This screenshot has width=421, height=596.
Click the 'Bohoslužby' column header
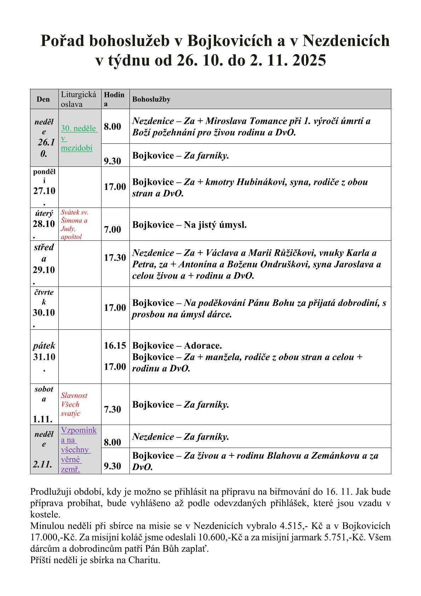tap(151, 100)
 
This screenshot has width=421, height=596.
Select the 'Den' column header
tap(43, 100)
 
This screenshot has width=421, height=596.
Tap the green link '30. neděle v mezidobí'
tap(79, 138)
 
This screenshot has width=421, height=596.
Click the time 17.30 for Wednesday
tap(115, 258)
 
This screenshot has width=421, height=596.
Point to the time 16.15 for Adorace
tap(115, 346)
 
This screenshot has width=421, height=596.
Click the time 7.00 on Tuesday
tap(113, 229)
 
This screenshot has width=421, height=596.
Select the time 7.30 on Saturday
tap(113, 409)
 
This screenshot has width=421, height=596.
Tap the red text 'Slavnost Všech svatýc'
tap(74, 404)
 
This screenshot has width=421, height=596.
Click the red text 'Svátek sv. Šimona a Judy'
tap(75, 225)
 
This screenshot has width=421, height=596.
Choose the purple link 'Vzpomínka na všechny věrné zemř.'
tap(78, 449)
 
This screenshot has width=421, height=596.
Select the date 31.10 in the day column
tap(44, 357)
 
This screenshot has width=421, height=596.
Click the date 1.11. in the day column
tap(43, 419)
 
